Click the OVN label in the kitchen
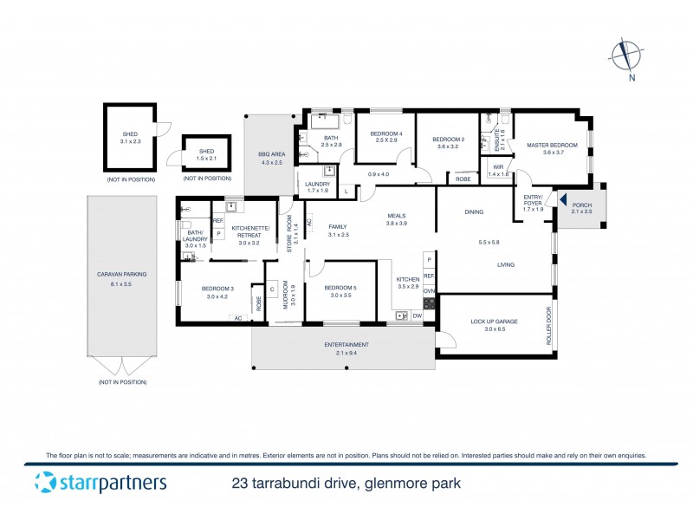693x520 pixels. [x=429, y=291]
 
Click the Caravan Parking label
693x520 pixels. [x=121, y=274]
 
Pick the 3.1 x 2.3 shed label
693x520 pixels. [x=130, y=135]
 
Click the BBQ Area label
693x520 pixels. [x=271, y=155]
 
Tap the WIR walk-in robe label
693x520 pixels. [x=498, y=167]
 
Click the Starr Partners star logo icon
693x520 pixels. [x=45, y=483]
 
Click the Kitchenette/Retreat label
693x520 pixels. [x=249, y=231]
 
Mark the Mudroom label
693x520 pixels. [x=293, y=296]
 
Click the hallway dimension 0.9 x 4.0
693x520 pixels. [x=379, y=174]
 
